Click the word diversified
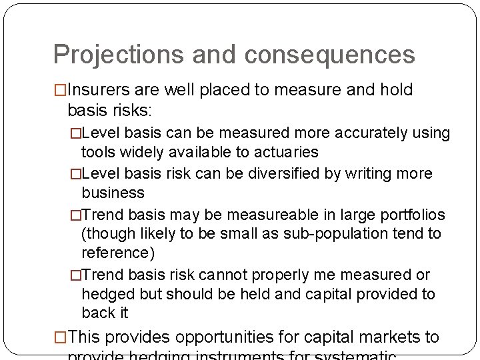click(285, 174)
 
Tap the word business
click(113, 193)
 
